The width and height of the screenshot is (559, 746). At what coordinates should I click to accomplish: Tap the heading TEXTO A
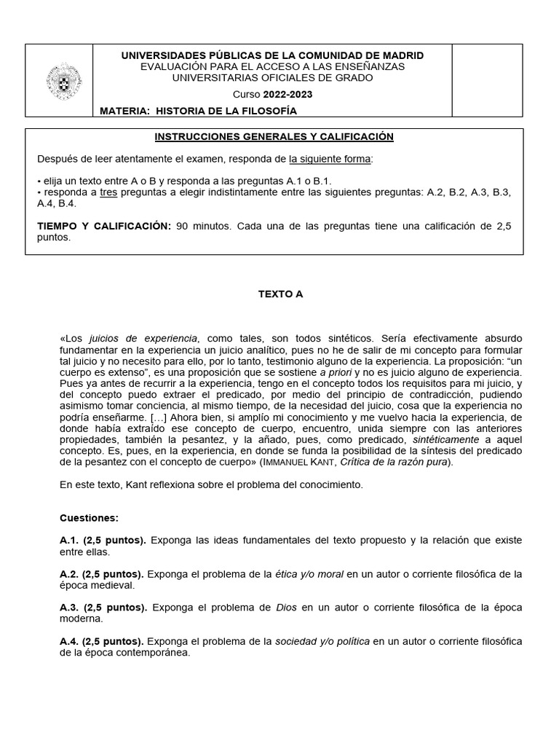(x=279, y=294)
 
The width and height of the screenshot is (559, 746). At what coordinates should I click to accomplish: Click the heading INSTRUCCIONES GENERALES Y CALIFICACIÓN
(x=274, y=136)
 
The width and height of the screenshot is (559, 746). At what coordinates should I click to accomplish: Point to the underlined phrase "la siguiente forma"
(x=330, y=159)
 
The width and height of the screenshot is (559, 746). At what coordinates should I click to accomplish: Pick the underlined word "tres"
(x=108, y=192)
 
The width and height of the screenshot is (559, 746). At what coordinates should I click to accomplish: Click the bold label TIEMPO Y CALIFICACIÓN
(x=104, y=226)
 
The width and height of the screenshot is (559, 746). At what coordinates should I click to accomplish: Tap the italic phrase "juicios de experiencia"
(x=143, y=339)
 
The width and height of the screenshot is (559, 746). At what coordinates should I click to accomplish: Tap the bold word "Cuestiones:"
(x=89, y=518)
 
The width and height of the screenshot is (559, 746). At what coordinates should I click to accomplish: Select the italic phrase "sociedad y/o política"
(x=322, y=641)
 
